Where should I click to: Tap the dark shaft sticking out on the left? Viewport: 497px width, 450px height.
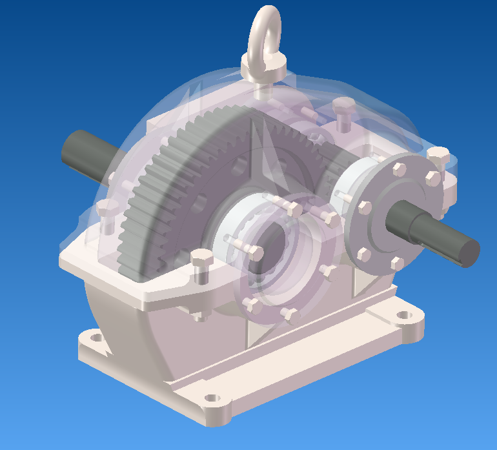[84, 155]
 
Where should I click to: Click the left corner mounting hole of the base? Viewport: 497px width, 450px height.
[96, 337]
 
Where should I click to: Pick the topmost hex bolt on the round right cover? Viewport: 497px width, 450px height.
[398, 169]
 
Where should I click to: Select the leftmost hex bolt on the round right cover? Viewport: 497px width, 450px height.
[363, 208]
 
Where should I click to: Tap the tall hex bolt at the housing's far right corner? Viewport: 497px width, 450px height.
[438, 155]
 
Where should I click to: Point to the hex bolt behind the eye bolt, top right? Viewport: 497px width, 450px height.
[343, 106]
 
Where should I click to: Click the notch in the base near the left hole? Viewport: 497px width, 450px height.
[103, 353]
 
